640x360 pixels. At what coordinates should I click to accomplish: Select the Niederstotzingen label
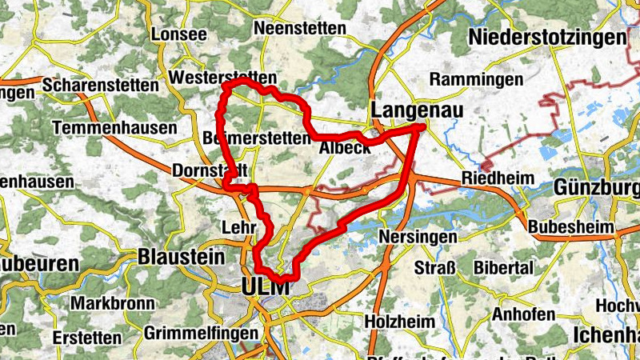[x=547, y=37]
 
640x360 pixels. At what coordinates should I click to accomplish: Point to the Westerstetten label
[x=223, y=78]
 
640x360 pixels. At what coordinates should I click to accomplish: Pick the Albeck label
[x=345, y=149]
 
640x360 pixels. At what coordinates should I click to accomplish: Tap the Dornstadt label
[x=210, y=170]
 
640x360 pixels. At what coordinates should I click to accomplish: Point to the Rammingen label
[x=476, y=80]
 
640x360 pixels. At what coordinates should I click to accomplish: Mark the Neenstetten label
[x=299, y=28]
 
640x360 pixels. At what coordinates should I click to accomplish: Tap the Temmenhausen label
[x=114, y=128]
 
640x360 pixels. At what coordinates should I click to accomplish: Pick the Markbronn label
[x=106, y=304]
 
